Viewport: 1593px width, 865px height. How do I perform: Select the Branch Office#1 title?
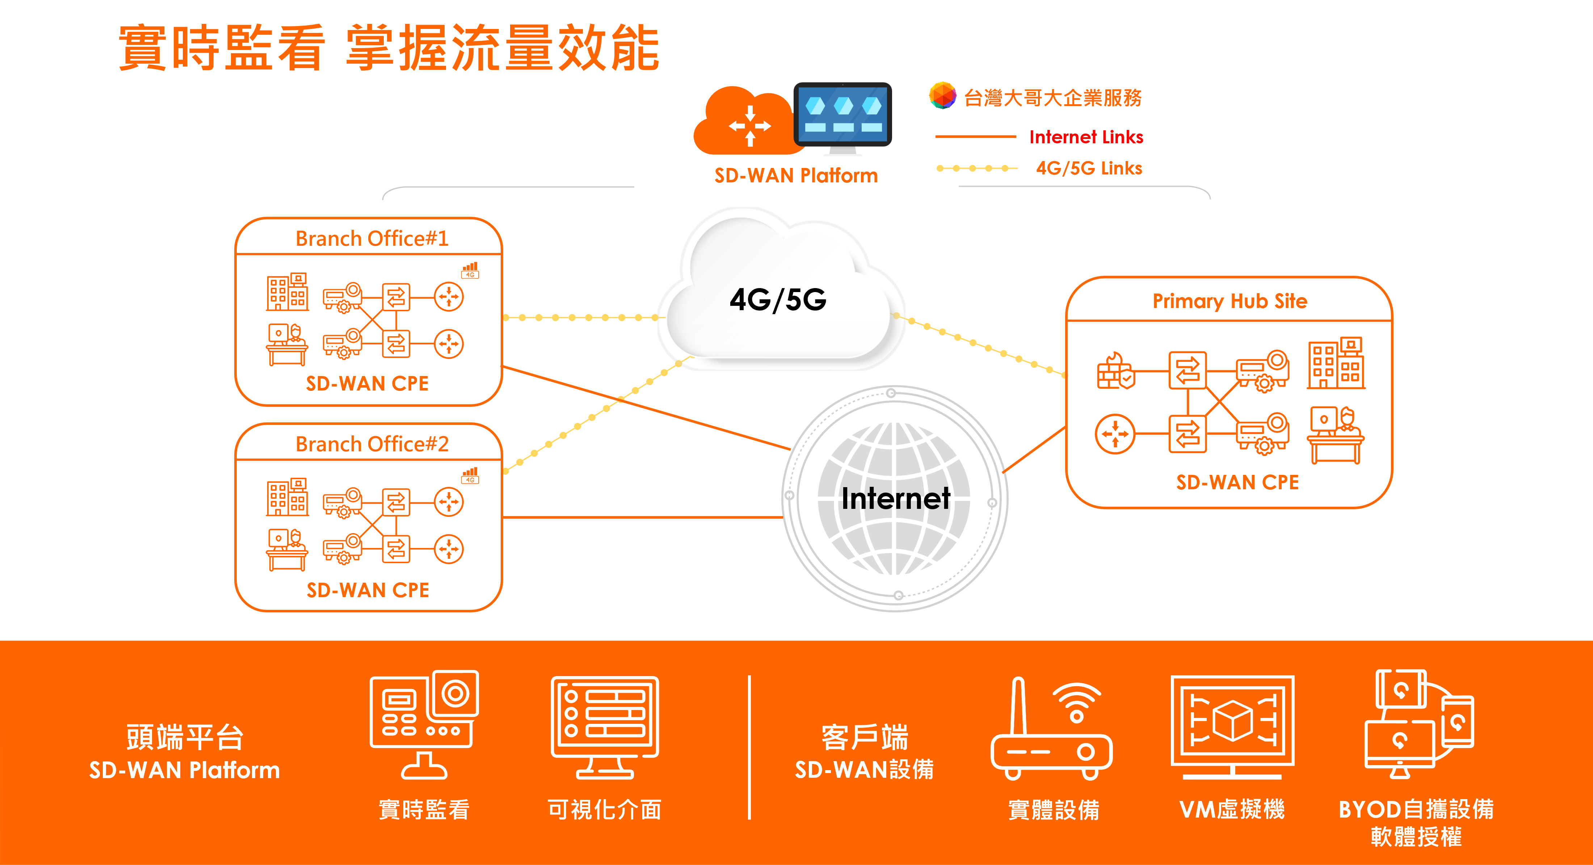pos(372,238)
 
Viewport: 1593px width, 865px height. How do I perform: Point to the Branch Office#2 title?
pos(372,444)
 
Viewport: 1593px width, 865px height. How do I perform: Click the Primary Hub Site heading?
pos(1230,301)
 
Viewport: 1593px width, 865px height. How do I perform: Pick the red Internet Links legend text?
pos(1086,137)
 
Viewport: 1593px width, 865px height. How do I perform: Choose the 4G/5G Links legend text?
pos(1088,168)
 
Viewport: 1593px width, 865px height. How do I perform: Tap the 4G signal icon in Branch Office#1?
pos(470,270)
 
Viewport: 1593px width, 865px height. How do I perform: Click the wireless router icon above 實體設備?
pos(1051,730)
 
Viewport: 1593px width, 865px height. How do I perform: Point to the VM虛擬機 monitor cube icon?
pos(1232,725)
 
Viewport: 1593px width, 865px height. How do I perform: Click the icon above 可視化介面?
pos(605,726)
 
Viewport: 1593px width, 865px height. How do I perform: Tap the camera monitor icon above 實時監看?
pos(424,723)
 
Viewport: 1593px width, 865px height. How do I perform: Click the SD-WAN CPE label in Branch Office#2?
pos(368,590)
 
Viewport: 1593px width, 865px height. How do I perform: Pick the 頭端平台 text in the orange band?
pos(184,737)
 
